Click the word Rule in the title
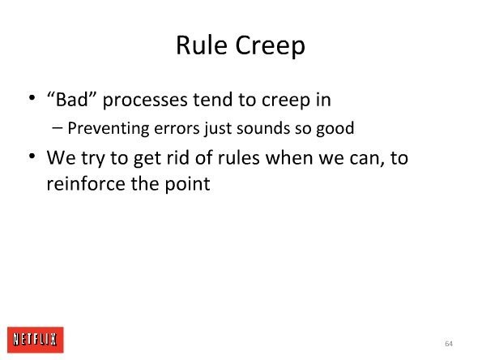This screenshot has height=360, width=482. (x=202, y=45)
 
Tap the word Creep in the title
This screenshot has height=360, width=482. (x=271, y=46)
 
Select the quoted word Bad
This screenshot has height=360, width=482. (x=71, y=99)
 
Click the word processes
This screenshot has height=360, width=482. (x=145, y=101)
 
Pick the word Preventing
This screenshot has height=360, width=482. (x=109, y=128)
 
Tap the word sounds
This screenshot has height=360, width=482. (x=263, y=128)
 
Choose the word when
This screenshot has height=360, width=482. (x=289, y=157)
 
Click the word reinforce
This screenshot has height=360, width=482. (x=86, y=183)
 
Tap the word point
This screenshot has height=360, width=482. (x=187, y=185)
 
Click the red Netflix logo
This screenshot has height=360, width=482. (x=36, y=340)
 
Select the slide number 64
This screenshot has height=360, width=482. (x=449, y=344)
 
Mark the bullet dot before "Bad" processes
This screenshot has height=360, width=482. (x=32, y=98)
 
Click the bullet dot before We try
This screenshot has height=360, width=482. (x=32, y=156)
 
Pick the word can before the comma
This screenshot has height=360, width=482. (x=366, y=158)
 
